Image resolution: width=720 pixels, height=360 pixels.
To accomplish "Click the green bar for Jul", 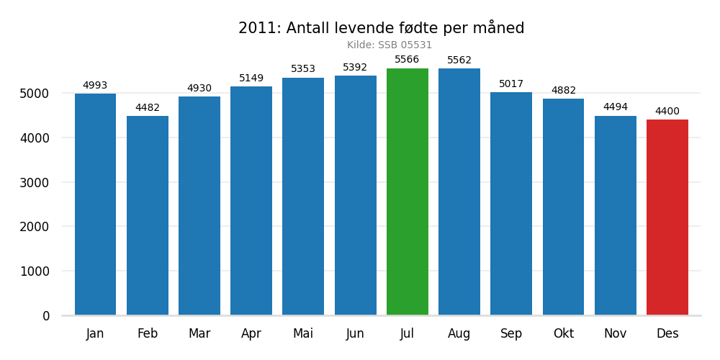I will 407,192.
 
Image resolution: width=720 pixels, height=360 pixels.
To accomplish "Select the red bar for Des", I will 667,217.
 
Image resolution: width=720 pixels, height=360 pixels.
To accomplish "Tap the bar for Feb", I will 148,215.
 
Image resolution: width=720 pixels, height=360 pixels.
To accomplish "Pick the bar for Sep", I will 511,204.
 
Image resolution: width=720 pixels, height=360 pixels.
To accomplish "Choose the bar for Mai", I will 303,197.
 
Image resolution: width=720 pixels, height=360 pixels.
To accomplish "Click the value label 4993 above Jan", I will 95,86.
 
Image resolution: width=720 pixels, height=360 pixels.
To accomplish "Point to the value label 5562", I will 459,60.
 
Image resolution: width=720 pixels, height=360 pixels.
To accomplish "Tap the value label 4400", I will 667,112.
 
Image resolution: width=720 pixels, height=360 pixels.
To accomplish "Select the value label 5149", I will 251,78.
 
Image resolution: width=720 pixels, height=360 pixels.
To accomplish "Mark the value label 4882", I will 563,91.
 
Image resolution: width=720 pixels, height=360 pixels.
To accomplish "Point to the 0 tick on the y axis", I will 46,316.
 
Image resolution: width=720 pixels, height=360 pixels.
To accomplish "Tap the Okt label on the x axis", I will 563,334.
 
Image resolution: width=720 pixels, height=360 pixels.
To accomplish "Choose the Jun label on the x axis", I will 355,334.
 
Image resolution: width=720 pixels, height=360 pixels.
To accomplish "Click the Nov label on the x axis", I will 615,334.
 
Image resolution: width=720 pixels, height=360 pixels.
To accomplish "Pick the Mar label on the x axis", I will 199,334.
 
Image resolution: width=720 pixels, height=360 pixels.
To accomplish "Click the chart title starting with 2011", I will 381,28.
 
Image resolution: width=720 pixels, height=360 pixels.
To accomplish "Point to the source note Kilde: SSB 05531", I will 390,45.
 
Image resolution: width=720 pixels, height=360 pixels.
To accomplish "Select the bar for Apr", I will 251,201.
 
